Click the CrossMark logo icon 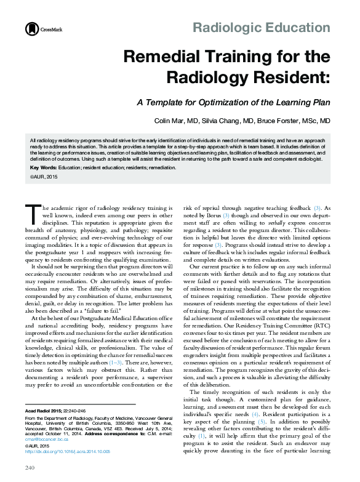[30, 29]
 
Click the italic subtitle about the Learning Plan [233, 102]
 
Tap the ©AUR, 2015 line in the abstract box [43, 177]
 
